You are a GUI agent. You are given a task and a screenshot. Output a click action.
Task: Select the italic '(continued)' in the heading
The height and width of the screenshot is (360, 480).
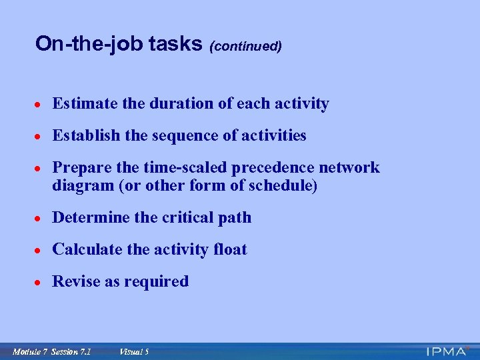click(x=245, y=46)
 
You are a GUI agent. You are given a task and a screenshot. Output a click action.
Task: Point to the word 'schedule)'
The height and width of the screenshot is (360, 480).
click(x=283, y=186)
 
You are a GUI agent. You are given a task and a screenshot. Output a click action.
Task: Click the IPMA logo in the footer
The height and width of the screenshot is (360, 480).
click(x=448, y=351)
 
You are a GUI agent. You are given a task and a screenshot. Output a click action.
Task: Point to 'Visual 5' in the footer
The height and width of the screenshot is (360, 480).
click(x=133, y=351)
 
